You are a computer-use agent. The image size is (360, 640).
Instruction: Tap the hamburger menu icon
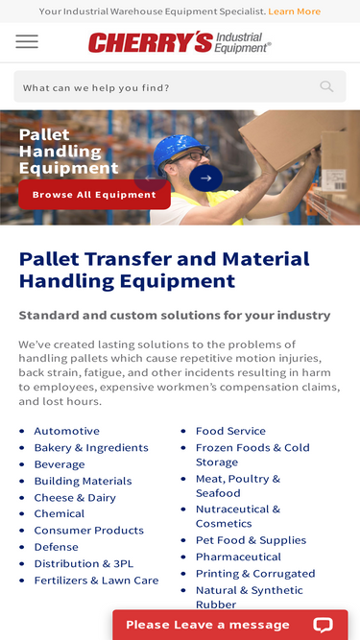click(x=27, y=41)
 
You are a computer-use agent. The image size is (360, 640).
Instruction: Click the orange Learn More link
click(x=295, y=12)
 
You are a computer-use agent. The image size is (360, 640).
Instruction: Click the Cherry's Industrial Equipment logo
click(x=180, y=42)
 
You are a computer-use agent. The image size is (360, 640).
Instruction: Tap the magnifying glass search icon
click(x=326, y=86)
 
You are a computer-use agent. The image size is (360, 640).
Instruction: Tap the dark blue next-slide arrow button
click(x=205, y=178)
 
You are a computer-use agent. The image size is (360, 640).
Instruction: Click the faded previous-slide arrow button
click(x=150, y=178)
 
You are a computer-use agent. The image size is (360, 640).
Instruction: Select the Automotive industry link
click(x=67, y=431)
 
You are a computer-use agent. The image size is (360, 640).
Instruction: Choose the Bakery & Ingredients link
click(x=91, y=448)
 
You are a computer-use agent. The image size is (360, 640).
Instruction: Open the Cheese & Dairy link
click(x=75, y=498)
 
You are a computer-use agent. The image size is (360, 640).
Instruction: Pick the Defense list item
click(x=57, y=547)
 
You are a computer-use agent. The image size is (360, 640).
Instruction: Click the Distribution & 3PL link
click(x=84, y=563)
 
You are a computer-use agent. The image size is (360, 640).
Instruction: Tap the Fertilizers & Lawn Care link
click(x=96, y=581)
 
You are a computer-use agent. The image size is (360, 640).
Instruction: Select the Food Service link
click(x=230, y=431)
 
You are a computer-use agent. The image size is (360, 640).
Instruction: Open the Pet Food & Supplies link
click(x=251, y=540)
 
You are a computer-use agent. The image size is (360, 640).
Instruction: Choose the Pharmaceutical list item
click(x=238, y=557)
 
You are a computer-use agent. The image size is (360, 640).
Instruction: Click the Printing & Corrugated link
click(x=255, y=574)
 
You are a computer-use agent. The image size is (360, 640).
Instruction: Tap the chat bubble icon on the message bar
click(x=323, y=625)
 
